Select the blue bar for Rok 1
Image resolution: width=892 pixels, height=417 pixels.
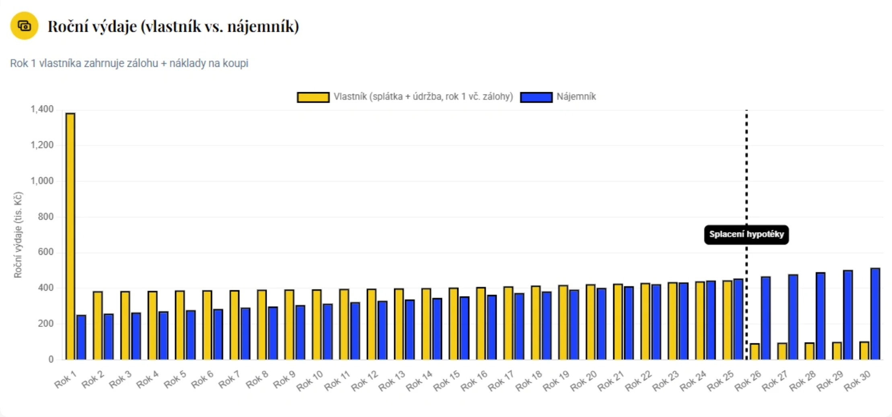(x=81, y=337)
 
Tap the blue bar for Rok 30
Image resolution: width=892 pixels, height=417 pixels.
(x=875, y=314)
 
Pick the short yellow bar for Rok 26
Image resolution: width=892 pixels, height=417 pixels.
(x=755, y=351)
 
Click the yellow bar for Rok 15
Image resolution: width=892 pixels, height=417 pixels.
(x=453, y=324)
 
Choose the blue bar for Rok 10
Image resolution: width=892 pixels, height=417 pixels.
(x=328, y=332)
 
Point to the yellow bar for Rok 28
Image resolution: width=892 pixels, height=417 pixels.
(x=810, y=351)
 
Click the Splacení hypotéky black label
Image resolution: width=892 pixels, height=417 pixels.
(x=746, y=235)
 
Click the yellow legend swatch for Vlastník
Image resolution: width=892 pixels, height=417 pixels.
(x=313, y=97)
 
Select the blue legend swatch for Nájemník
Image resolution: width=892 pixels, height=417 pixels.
(x=536, y=97)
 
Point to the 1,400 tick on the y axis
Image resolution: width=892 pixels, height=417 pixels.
(x=42, y=109)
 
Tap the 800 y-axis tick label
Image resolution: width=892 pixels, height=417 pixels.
(x=45, y=217)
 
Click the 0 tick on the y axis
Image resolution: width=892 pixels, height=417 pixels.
(x=51, y=359)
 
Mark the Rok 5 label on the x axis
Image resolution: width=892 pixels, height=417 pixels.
(x=175, y=380)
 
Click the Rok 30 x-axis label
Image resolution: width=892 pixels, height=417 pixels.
(x=857, y=381)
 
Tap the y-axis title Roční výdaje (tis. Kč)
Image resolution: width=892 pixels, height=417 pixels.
(x=18, y=235)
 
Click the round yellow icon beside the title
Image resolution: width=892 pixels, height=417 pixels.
(x=25, y=26)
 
